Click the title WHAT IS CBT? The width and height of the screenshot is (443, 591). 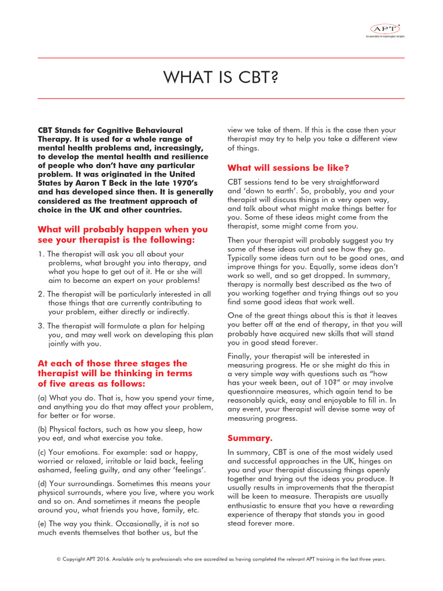(x=221, y=78)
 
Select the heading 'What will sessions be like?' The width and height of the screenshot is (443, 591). (x=288, y=168)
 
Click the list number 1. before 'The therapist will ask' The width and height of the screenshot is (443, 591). (x=41, y=254)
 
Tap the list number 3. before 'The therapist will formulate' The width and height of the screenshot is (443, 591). (x=41, y=326)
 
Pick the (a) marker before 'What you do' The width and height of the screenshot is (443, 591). (x=43, y=398)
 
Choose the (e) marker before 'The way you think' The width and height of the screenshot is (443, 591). (x=43, y=523)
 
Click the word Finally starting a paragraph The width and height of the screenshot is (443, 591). (x=242, y=357)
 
